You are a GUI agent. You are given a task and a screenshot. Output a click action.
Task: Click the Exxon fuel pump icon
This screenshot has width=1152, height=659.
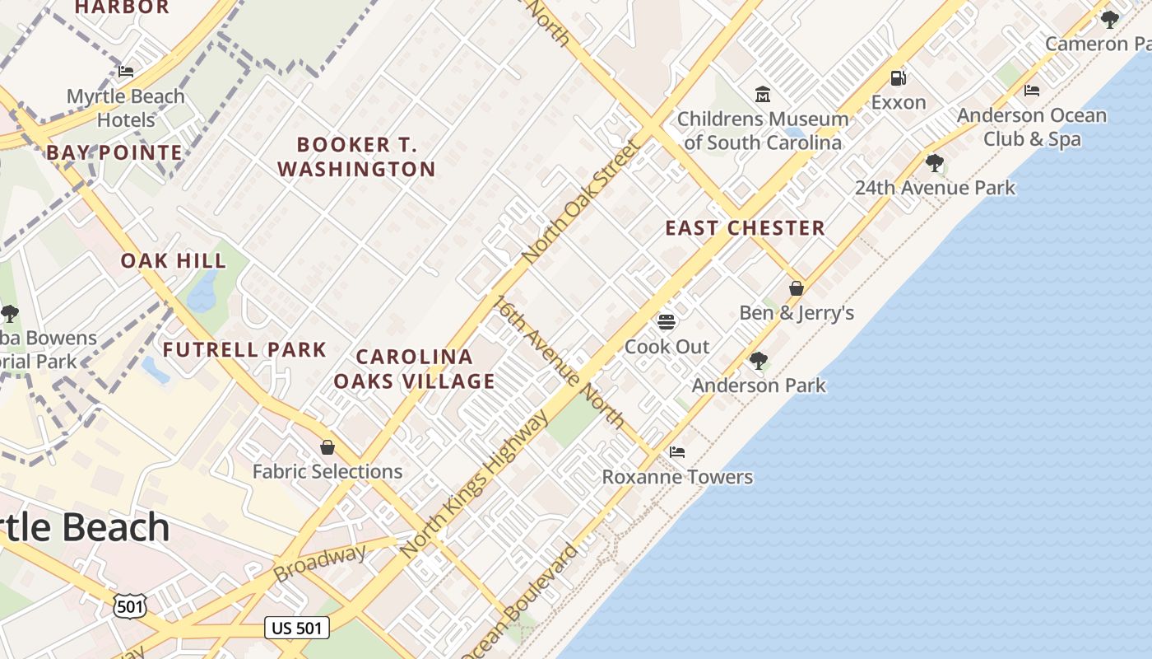point(898,79)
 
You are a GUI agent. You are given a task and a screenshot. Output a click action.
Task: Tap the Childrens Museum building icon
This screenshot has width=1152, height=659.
point(762,95)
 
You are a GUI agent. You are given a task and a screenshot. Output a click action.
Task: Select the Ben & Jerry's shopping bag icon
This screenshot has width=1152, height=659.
point(796,289)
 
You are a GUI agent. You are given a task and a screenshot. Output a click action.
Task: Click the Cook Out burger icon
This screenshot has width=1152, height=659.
point(667,321)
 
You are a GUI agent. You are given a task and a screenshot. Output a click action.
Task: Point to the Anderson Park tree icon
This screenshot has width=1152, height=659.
point(758,360)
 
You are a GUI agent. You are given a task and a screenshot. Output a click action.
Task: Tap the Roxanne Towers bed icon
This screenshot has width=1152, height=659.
point(677,452)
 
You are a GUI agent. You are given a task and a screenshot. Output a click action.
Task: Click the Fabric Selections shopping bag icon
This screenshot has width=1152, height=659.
point(327,447)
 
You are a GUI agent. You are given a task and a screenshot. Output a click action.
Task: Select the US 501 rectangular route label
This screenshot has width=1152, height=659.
point(297,628)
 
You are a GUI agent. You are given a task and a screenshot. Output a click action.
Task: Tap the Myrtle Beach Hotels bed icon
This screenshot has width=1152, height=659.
point(126,72)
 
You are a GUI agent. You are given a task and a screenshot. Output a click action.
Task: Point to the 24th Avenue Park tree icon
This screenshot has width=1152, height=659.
point(934,163)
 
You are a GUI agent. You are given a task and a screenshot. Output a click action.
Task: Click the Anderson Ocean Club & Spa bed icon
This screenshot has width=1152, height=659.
point(1032,91)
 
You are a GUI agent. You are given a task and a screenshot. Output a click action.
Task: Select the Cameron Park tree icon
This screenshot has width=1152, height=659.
point(1109,19)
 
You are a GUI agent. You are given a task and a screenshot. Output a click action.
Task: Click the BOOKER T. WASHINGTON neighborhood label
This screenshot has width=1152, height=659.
point(357,157)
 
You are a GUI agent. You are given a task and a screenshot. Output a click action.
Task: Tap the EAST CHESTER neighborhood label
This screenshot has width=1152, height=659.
point(745,228)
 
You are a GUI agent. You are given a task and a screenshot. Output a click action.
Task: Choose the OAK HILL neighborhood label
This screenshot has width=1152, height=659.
point(174,261)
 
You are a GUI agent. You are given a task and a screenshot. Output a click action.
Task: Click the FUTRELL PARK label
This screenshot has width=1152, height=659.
point(244,349)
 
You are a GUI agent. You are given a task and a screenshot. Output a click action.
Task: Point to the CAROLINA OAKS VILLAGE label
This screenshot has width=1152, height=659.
point(415,369)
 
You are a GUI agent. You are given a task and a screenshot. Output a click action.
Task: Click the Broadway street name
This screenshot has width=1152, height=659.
point(319,562)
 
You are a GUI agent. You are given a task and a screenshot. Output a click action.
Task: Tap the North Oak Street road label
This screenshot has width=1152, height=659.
point(582,202)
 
